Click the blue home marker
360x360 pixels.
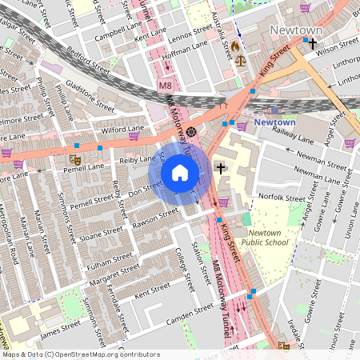(x=180, y=173)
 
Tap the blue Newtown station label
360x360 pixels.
(x=274, y=122)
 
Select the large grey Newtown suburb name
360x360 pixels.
(x=295, y=30)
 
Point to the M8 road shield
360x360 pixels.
(x=165, y=85)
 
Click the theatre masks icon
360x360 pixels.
(x=74, y=160)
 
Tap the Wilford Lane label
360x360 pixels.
(x=122, y=128)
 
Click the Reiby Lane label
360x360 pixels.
(x=137, y=160)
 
